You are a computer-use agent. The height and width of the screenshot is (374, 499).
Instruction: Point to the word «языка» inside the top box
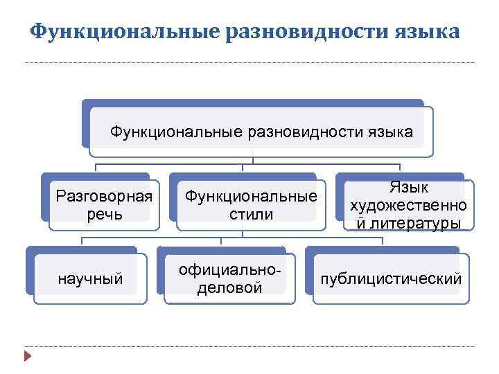tap(387, 131)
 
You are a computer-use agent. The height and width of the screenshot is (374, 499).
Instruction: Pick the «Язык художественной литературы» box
tap(409, 205)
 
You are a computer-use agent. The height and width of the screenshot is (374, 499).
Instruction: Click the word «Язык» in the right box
tap(409, 188)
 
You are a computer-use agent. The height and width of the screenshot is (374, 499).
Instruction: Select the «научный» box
tap(91, 278)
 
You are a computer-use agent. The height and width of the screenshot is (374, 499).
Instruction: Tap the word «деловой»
tap(230, 287)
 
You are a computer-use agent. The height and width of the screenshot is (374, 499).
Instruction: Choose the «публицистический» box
tap(389, 278)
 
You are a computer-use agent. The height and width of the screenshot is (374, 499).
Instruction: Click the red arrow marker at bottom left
tap(27, 357)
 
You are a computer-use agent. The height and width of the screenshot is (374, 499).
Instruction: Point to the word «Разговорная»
tap(104, 196)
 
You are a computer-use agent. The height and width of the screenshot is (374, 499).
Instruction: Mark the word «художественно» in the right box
tap(409, 206)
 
